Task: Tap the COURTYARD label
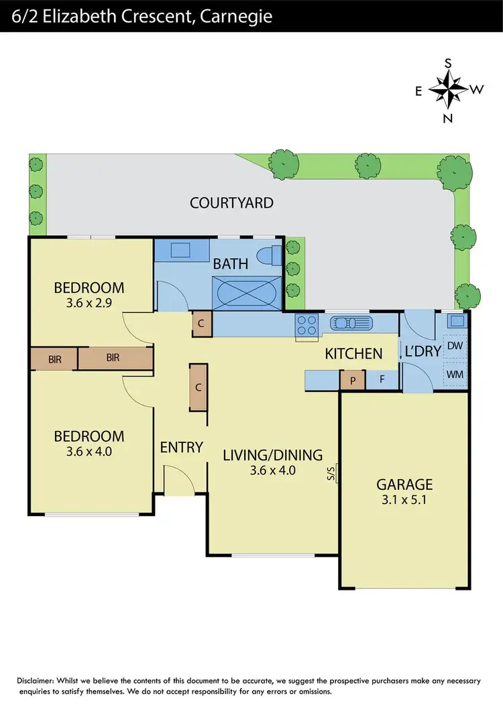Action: (x=231, y=202)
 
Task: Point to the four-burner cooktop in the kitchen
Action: (x=306, y=325)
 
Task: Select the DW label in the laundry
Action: (x=454, y=346)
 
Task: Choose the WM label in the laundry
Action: (x=454, y=374)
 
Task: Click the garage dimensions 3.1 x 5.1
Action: (x=404, y=499)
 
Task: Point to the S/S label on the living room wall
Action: (x=331, y=474)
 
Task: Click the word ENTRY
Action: (x=181, y=447)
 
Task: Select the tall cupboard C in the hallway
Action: (x=198, y=387)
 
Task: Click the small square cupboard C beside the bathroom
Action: (x=202, y=324)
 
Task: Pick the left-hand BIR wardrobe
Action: (x=54, y=359)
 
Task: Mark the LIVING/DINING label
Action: (x=272, y=455)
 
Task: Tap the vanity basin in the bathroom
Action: (x=181, y=251)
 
